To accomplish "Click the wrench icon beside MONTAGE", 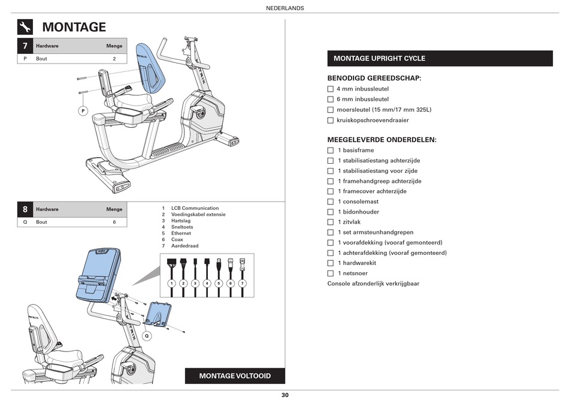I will click(25, 27).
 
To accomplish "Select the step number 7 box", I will click(25, 46).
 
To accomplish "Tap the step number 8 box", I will click(25, 209).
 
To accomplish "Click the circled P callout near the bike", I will click(83, 111).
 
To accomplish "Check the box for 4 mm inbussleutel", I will click(330, 89).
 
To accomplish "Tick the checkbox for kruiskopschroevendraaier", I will click(330, 120).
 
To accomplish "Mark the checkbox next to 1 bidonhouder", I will click(330, 212).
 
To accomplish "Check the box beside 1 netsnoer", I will click(330, 273).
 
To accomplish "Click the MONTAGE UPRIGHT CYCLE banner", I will click(440, 58).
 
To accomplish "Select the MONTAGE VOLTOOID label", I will click(235, 376).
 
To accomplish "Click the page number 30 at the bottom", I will click(284, 395).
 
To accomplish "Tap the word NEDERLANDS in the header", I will click(284, 8).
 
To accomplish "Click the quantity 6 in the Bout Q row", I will click(114, 222).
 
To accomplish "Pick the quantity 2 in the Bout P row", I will click(114, 59).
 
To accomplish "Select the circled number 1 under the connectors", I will click(171, 283).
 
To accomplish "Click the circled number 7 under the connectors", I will click(243, 283).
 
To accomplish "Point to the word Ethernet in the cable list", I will click(181, 233).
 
